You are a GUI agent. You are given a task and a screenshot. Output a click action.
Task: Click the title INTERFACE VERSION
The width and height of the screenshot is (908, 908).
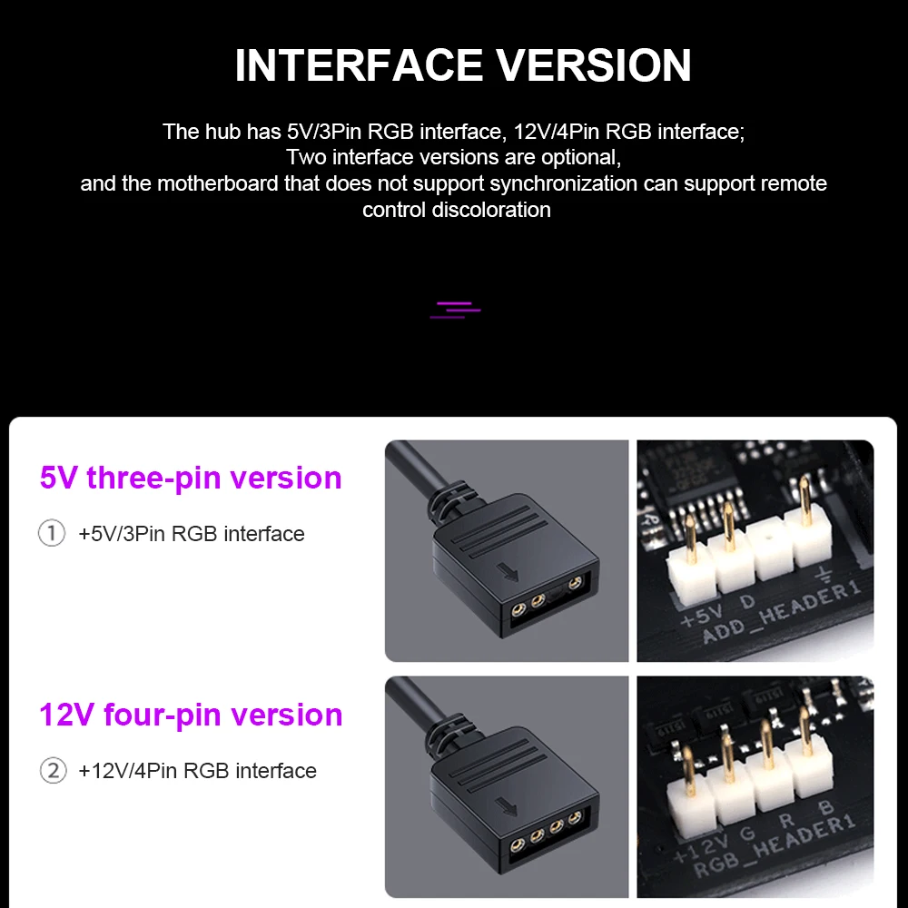point(463,65)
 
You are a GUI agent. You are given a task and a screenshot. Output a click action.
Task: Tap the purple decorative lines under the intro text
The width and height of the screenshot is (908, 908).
point(455,310)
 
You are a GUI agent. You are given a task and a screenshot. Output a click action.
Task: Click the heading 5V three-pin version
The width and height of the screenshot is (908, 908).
point(191,478)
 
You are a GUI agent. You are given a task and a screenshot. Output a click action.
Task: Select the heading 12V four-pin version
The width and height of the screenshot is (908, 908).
point(191,715)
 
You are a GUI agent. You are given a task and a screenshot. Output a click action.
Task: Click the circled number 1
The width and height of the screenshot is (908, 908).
point(52,533)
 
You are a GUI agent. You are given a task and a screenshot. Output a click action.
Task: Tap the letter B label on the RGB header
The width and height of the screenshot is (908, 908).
point(824,809)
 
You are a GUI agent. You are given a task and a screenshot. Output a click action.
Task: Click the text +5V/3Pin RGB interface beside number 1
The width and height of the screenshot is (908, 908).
point(192,534)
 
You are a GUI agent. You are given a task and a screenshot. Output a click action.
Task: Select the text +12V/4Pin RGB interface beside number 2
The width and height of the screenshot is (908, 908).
point(197,771)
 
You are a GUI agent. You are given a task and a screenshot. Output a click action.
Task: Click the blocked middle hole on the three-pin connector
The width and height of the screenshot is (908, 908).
point(554,600)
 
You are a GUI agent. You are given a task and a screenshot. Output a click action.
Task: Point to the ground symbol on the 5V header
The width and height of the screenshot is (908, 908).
point(823,575)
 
